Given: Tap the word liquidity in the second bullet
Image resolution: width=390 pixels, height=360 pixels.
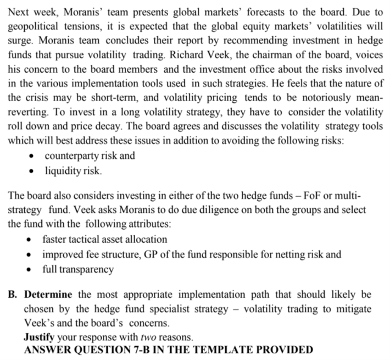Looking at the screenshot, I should tap(63, 170).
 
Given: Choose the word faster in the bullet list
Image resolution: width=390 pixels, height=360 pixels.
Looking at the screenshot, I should tap(55, 240).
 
